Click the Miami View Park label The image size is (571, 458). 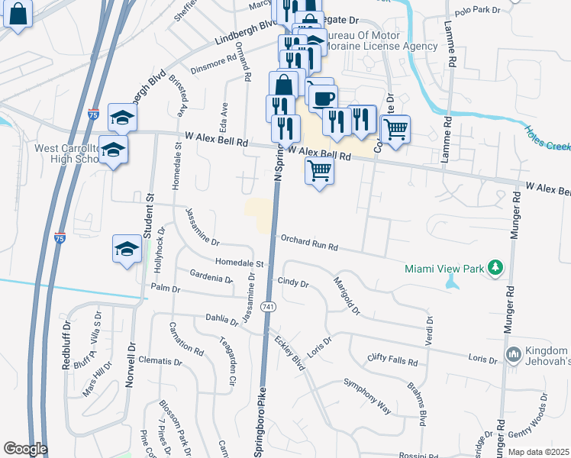446,268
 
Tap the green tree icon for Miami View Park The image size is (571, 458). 497,267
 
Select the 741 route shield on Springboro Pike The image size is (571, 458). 267,307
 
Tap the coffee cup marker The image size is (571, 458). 323,98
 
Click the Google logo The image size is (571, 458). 25,449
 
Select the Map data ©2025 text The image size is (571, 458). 538,452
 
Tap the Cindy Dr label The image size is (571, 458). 293,283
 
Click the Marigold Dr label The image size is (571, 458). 345,295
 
